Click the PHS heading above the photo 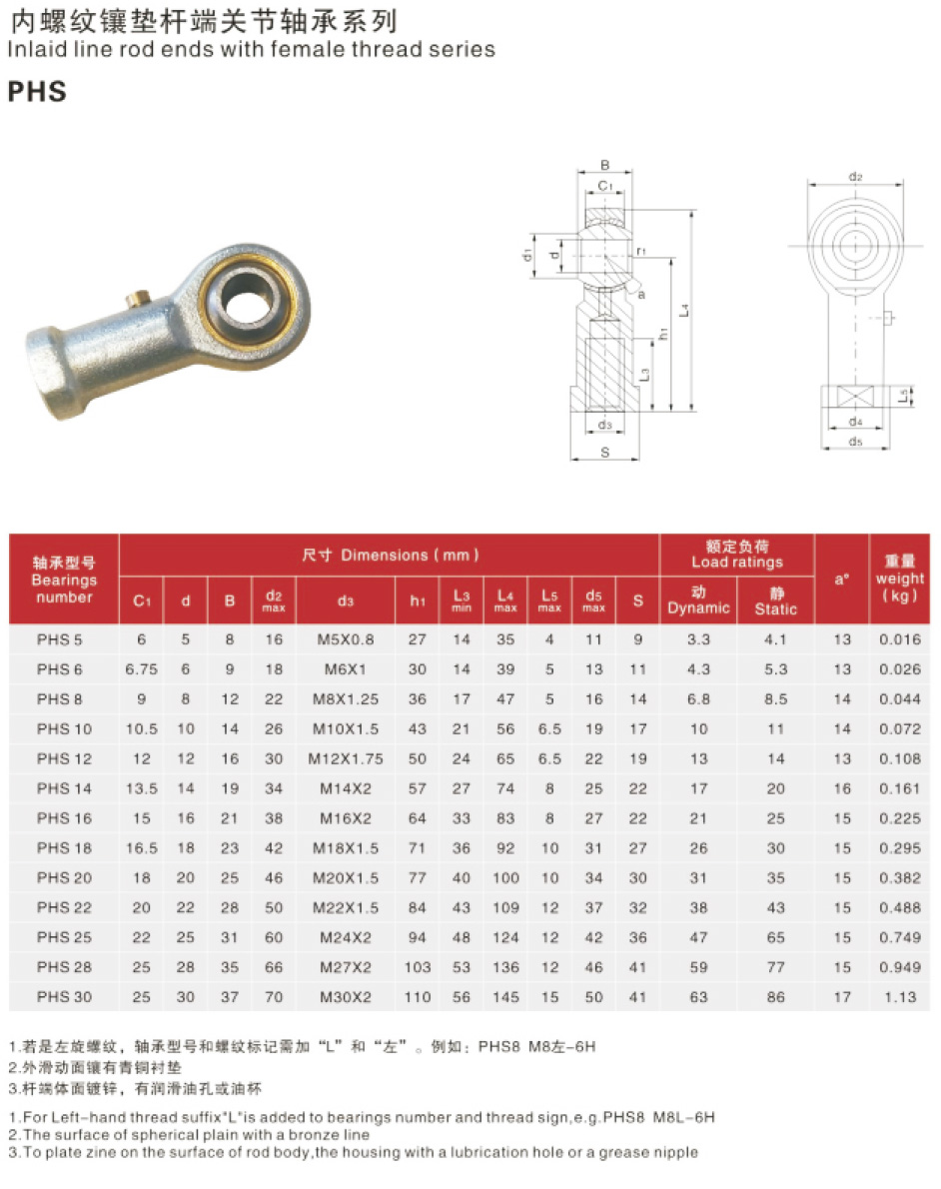[37, 91]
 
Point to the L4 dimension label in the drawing [683, 312]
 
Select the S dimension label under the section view [604, 453]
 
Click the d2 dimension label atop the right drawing [855, 177]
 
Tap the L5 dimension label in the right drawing [902, 396]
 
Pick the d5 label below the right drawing [854, 441]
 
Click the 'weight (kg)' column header [899, 580]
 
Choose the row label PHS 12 [64, 758]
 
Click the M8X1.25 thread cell [346, 699]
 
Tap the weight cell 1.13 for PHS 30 [899, 996]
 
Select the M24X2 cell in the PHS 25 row [346, 937]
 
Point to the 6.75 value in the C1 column [141, 669]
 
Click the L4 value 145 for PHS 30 [505, 996]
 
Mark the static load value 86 [775, 996]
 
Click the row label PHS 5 [60, 639]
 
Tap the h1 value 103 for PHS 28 [417, 967]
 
